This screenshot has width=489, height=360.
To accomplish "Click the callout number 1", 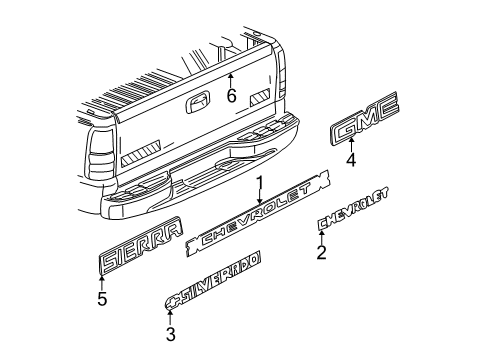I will (x=259, y=183).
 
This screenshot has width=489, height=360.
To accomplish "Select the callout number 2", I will (x=321, y=253).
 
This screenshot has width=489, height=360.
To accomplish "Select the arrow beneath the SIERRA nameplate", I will (x=101, y=281).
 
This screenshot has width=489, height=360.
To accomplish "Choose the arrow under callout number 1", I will (x=259, y=199).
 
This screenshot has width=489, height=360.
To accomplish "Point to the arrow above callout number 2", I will (x=321, y=236).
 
